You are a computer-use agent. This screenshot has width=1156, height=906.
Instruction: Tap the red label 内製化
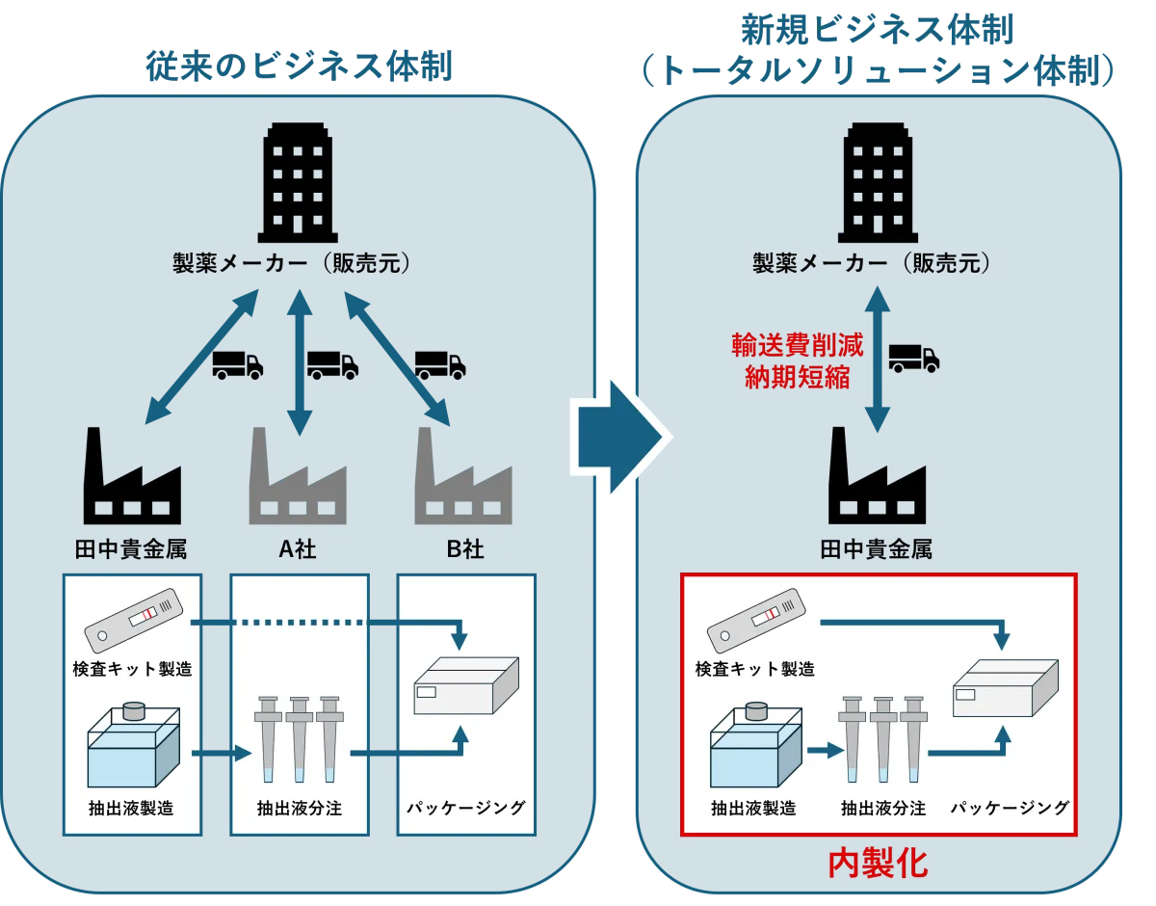(x=878, y=863)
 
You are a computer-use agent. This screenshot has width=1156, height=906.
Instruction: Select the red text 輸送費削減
(x=797, y=345)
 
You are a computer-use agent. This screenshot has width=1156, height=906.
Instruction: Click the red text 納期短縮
(x=797, y=377)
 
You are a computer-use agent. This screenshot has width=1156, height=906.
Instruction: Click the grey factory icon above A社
(x=297, y=477)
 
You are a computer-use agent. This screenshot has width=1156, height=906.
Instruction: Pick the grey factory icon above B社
(x=462, y=477)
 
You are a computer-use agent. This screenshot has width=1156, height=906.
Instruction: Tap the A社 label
(x=297, y=549)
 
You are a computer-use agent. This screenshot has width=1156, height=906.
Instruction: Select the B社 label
(x=464, y=549)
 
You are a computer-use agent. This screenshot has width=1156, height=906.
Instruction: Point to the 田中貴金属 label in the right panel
(x=876, y=549)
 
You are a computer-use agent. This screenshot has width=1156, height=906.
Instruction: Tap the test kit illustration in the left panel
(x=133, y=620)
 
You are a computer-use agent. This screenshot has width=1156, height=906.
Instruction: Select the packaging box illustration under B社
(x=466, y=685)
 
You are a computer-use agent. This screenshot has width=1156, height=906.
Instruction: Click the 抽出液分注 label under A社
(x=299, y=808)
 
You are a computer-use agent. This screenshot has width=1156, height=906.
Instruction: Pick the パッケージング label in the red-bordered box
(x=1010, y=808)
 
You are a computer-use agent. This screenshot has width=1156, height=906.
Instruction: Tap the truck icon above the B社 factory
(x=440, y=364)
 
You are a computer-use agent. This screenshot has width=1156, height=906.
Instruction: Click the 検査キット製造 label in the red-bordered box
(x=754, y=668)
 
